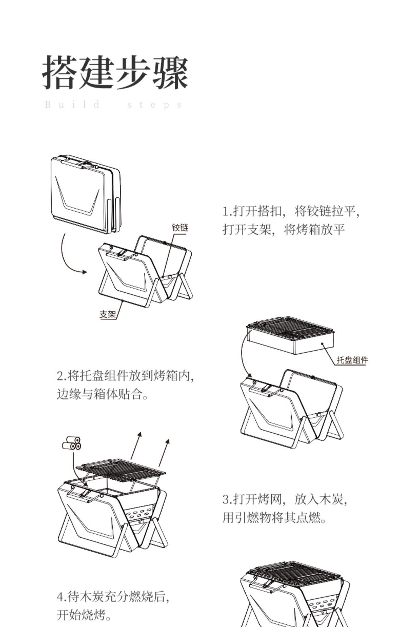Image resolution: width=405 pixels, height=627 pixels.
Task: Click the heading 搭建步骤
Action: [115, 72]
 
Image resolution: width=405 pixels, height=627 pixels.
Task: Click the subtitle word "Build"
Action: [72, 104]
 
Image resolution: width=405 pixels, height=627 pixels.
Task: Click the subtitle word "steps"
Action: [154, 105]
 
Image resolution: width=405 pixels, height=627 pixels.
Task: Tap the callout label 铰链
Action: [180, 228]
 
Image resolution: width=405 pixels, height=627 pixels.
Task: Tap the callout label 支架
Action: [108, 314]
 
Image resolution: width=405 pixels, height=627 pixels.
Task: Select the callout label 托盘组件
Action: [352, 360]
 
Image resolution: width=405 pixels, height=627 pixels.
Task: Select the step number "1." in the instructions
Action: [227, 211]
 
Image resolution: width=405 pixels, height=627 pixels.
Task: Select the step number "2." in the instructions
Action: [61, 376]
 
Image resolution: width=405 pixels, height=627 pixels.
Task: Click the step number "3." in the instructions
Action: [227, 499]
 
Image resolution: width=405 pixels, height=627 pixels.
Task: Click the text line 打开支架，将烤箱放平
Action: [283, 230]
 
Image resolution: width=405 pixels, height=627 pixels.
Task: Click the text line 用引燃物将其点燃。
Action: [274, 518]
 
